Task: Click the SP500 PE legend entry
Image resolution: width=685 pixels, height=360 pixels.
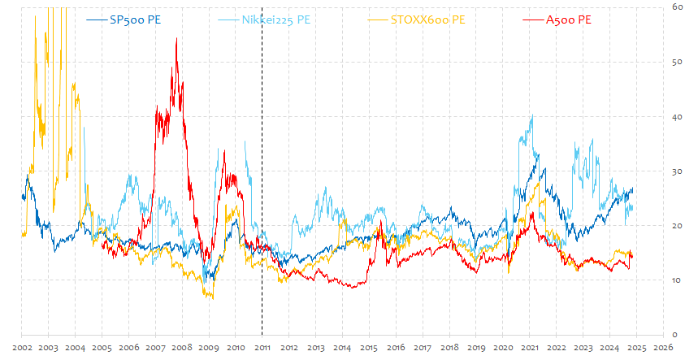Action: point(134,20)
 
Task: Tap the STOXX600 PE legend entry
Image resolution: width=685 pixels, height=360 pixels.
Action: point(428,20)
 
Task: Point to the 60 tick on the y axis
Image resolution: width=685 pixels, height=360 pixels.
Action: point(675,7)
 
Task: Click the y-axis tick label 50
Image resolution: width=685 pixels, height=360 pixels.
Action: point(675,62)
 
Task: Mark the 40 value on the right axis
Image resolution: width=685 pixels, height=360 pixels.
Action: point(675,116)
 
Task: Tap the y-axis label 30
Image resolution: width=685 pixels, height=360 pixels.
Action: point(675,171)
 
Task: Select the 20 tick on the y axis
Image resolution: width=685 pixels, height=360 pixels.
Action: point(675,226)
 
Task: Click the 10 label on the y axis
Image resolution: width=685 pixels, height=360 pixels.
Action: point(675,280)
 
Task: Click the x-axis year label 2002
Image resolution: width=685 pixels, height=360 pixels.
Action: point(22,348)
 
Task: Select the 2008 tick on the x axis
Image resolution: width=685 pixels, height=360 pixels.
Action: point(182,348)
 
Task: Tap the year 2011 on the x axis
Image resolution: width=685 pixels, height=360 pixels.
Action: point(262,348)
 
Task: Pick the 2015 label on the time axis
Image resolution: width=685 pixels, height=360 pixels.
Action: point(369,348)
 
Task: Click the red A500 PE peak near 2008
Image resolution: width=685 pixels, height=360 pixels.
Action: point(176,39)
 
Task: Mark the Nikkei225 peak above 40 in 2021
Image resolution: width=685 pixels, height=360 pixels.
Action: point(531,116)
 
